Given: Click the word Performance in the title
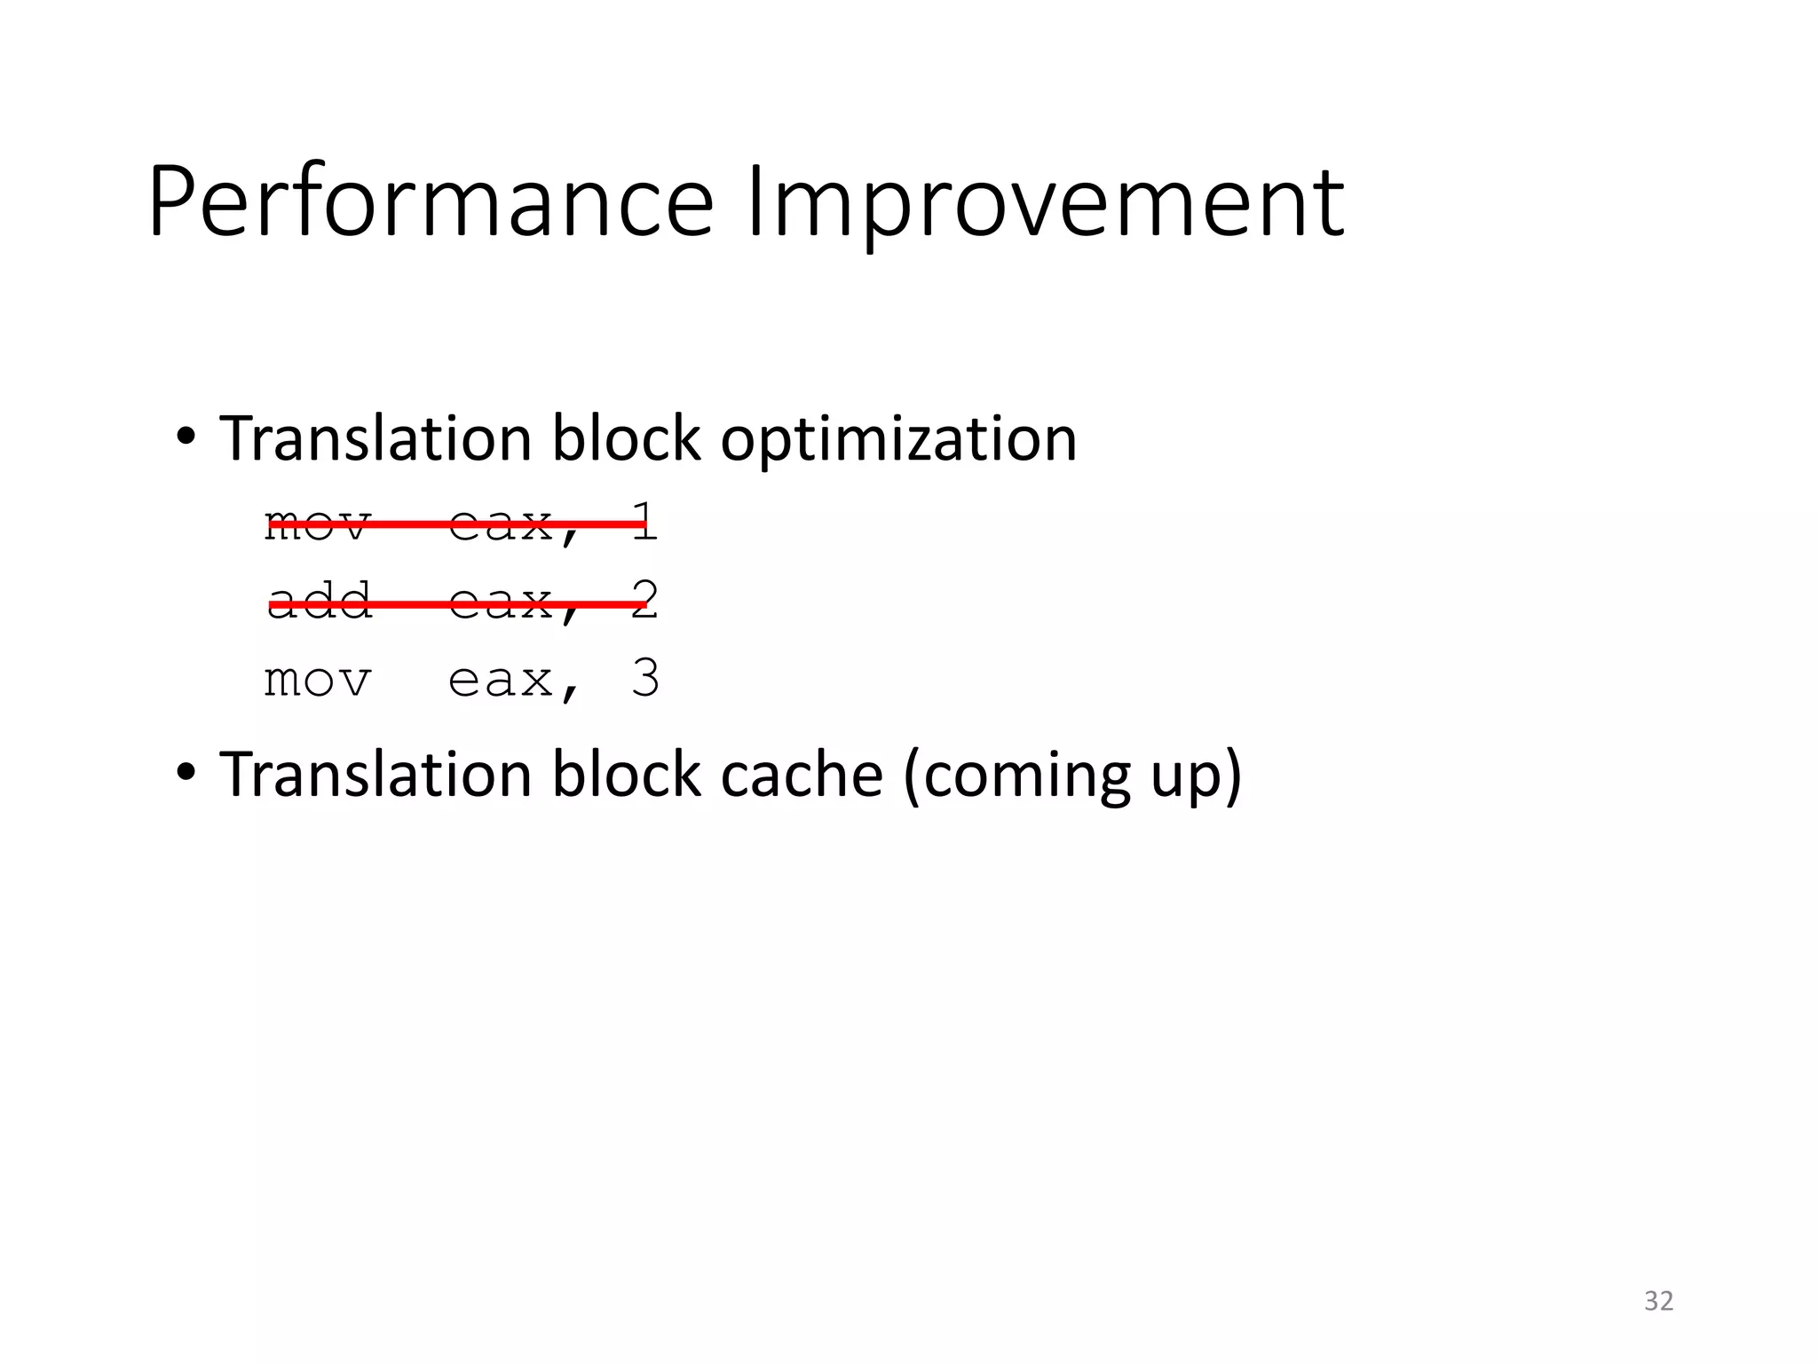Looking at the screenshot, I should [x=431, y=202].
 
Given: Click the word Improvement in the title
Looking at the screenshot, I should [x=1045, y=202].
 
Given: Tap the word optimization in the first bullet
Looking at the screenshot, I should [x=898, y=438].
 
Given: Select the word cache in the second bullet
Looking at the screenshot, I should [x=802, y=775].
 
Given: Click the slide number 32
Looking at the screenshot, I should [x=1658, y=1301].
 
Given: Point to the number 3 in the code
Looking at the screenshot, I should [x=645, y=680].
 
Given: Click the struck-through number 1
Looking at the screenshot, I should [x=645, y=522].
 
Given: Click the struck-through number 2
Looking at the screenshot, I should [x=646, y=601].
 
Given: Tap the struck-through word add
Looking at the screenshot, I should [x=319, y=601].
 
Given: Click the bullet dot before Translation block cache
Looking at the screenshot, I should [x=185, y=773].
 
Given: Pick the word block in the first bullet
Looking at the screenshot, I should [x=626, y=438].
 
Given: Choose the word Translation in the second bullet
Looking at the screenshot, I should [x=375, y=775].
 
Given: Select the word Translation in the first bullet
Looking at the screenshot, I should [x=375, y=438].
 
